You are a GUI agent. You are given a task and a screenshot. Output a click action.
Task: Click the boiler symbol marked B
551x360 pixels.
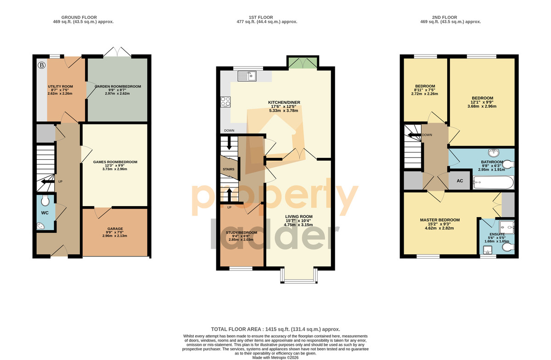(x=42, y=65)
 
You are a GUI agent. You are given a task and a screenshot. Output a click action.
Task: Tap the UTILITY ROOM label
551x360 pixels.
(x=60, y=86)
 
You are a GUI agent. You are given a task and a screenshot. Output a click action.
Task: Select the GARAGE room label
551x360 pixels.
(x=115, y=229)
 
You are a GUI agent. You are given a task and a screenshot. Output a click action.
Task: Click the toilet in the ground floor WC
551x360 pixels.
(x=45, y=201)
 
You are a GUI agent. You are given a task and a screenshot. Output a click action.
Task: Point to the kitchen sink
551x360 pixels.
(x=247, y=76)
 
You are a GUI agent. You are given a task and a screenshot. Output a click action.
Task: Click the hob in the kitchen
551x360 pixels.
(x=225, y=101)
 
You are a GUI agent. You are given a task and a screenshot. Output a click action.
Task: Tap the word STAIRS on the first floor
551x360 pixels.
(x=229, y=169)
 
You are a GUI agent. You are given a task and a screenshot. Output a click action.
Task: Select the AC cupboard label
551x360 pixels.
(x=460, y=181)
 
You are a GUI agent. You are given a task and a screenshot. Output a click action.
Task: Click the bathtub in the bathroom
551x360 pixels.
(x=493, y=183)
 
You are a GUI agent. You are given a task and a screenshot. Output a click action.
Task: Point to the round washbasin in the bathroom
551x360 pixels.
(x=494, y=153)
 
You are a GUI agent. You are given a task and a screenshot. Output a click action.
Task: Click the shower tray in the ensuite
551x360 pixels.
(x=507, y=227)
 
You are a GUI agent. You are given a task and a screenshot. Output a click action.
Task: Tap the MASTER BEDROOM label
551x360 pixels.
(x=440, y=220)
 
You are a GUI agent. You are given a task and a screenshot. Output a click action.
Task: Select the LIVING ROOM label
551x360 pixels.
(x=299, y=217)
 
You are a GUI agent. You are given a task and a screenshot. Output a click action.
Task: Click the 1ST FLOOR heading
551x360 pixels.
(x=261, y=17)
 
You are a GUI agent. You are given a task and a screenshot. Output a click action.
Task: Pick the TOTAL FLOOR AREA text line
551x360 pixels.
(x=275, y=329)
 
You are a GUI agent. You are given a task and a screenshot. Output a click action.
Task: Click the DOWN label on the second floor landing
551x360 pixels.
(x=427, y=135)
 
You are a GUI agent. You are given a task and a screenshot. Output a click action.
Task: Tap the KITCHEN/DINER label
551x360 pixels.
(x=284, y=102)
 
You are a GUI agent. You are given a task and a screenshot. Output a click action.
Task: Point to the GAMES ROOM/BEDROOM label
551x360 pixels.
(x=115, y=162)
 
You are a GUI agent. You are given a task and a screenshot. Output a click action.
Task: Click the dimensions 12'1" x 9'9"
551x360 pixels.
(x=482, y=102)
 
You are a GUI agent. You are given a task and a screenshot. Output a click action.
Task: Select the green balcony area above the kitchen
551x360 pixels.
(x=303, y=63)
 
